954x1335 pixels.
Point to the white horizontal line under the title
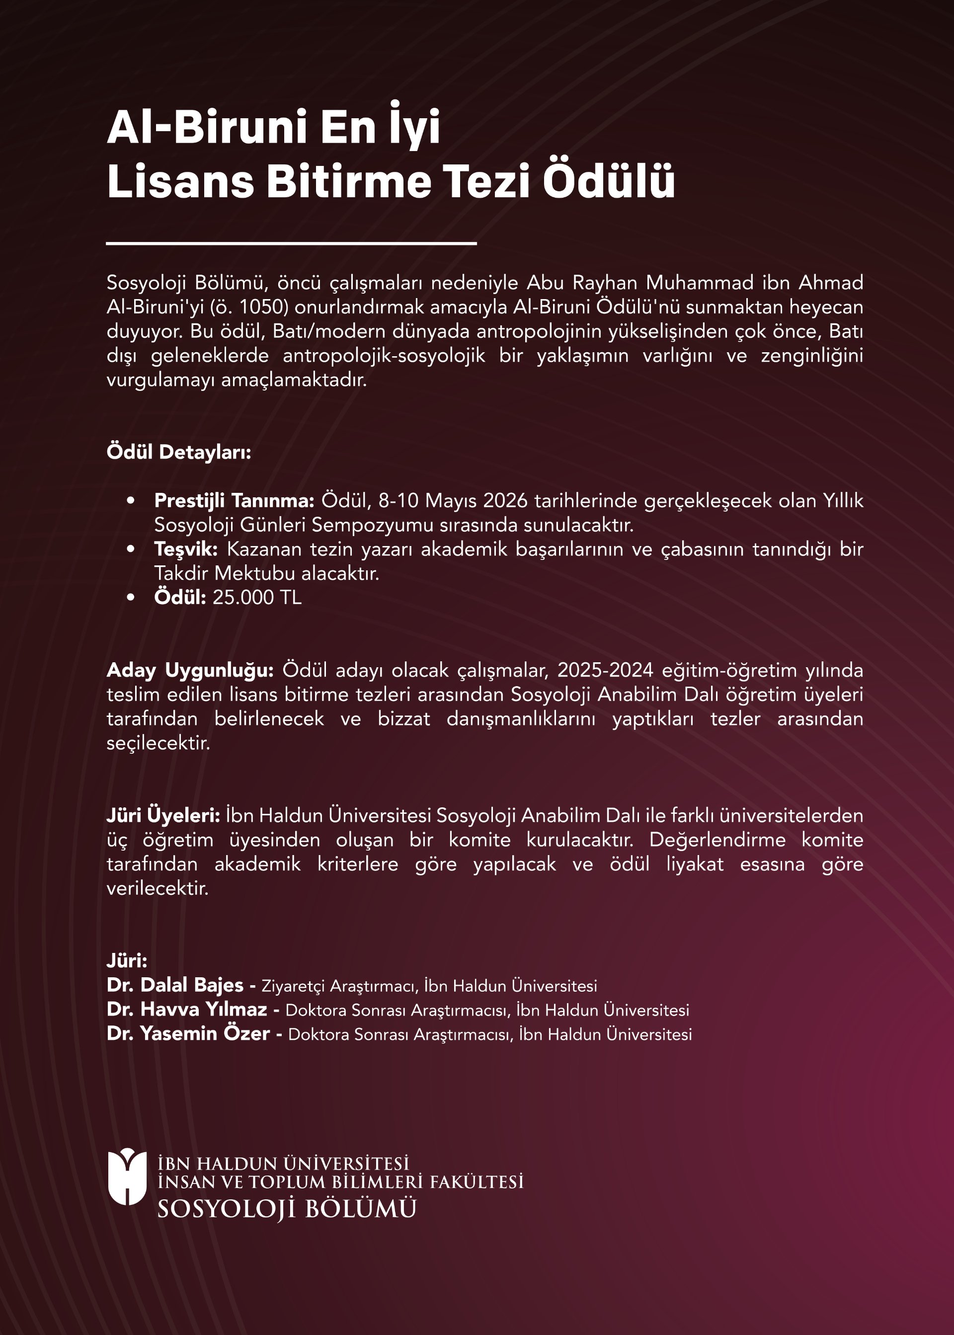[291, 242]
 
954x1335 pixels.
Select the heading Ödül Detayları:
[178, 452]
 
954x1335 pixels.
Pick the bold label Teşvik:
[186, 549]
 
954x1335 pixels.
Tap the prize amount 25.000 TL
[257, 597]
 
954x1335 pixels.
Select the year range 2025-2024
[605, 670]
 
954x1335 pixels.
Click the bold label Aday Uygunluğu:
[190, 671]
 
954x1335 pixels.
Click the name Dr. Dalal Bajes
[175, 985]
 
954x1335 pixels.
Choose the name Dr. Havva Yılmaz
[187, 1009]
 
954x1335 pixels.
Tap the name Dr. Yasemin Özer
[188, 1034]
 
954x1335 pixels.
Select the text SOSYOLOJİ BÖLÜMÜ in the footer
[287, 1209]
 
